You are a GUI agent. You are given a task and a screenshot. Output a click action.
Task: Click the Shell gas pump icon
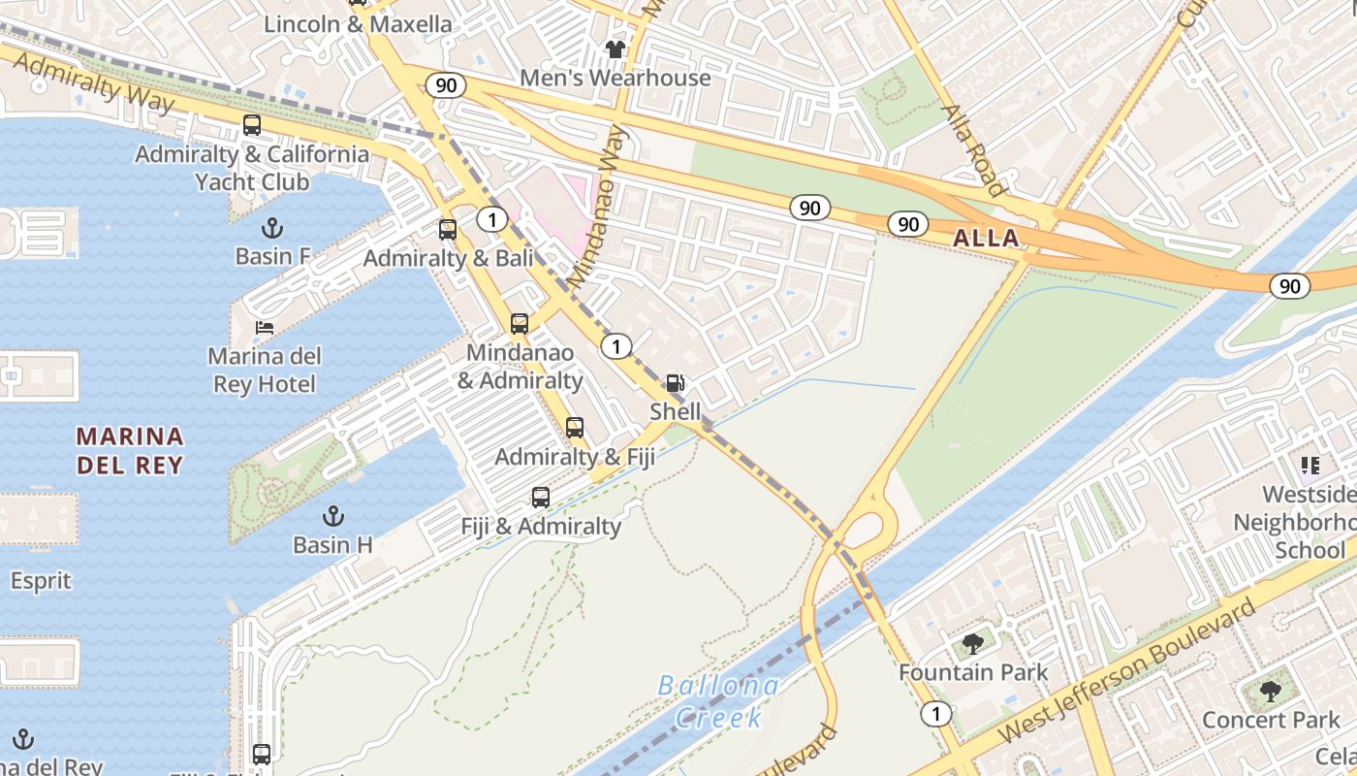point(675,383)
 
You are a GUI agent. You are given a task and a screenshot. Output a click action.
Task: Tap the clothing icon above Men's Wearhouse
point(615,48)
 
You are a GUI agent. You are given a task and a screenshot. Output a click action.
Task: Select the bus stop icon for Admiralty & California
point(252,125)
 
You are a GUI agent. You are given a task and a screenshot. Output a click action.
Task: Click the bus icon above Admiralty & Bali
point(447,230)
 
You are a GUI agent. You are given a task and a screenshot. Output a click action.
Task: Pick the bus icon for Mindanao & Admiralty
point(520,324)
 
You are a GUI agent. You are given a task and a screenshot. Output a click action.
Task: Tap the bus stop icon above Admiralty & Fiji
point(575,428)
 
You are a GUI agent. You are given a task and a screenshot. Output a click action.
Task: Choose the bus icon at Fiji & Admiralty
point(541,498)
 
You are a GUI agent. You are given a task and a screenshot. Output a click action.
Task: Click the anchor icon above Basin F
point(272,228)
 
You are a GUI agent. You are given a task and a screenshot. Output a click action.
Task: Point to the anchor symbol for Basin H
point(333,516)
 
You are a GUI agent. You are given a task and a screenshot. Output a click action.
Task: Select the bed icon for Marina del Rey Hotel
point(264,328)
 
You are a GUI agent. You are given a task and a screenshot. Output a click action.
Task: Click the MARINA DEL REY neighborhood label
point(130,451)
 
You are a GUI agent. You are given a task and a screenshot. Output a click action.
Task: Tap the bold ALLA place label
point(986,239)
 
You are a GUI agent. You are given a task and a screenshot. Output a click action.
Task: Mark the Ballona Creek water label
point(717,701)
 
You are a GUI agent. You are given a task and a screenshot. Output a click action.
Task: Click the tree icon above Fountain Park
point(973,644)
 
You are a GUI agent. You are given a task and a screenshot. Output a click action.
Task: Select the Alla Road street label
point(973,150)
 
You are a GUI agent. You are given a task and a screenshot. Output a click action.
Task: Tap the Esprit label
point(41,581)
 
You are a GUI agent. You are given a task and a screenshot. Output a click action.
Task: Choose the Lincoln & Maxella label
point(358,24)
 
